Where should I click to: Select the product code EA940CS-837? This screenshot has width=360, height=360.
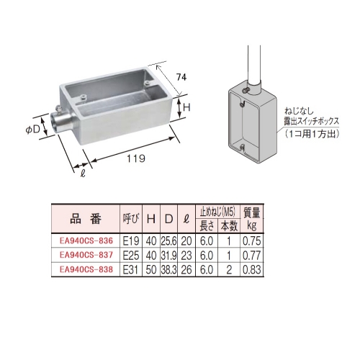tap(86, 255)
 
